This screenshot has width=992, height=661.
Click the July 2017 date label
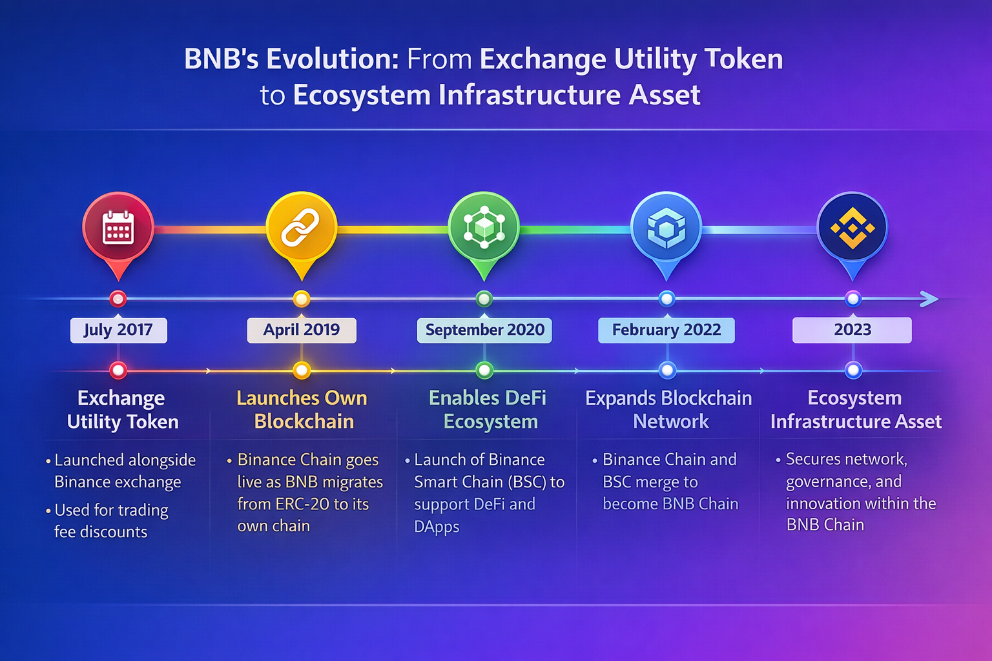(119, 330)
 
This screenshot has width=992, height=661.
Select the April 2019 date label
(302, 330)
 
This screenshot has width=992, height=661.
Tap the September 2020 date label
(484, 330)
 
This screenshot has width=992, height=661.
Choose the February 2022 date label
(666, 330)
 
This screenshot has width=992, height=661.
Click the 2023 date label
(852, 330)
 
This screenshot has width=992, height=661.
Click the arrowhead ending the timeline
(930, 299)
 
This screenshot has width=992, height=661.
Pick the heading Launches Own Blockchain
(302, 409)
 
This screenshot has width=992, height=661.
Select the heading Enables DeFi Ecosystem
(488, 409)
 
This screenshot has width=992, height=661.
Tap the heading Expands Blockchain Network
(668, 409)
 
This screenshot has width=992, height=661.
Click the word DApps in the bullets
(437, 527)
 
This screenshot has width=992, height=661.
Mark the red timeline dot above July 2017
(118, 300)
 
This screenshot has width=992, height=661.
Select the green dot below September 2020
(484, 370)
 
